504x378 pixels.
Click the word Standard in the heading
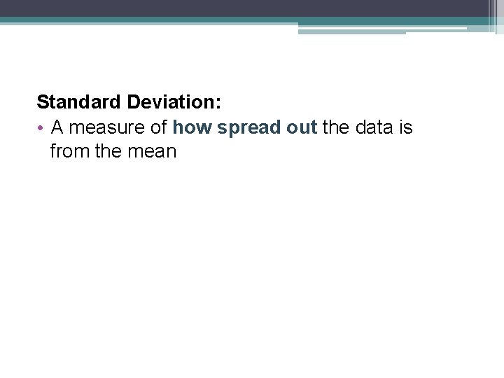coord(79,102)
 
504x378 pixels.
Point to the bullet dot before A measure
coord(41,128)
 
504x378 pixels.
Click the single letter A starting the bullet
coord(57,128)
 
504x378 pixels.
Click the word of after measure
coord(158,128)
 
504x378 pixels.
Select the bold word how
coord(192,128)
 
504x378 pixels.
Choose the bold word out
coord(302,128)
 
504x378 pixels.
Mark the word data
coord(376,128)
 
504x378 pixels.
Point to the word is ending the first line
coord(405,128)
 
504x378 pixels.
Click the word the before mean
coord(108,151)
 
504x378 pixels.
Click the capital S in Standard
coord(43,102)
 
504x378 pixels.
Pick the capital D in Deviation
coord(133,102)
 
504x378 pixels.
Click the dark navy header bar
coord(245,8)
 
